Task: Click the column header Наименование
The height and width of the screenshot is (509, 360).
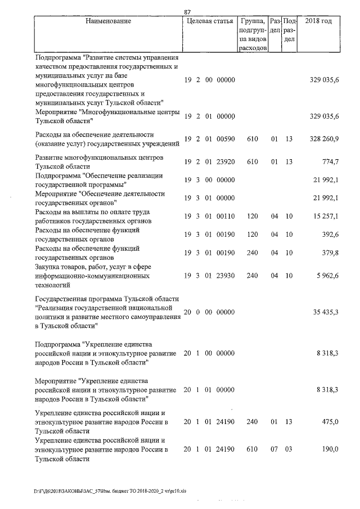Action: (x=109, y=21)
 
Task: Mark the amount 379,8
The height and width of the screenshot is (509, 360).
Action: (x=329, y=253)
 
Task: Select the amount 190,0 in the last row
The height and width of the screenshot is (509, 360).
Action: (x=329, y=449)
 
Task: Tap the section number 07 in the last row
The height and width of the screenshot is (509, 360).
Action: (x=274, y=449)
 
